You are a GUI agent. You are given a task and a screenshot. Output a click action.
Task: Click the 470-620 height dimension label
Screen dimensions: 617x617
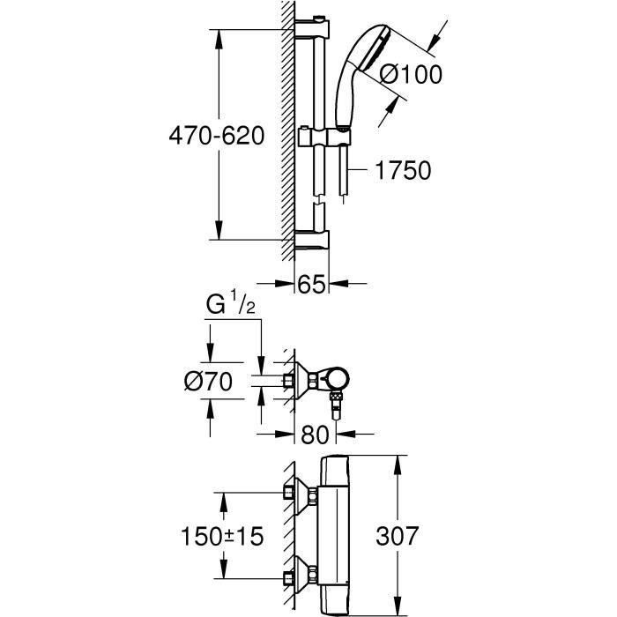coord(217,136)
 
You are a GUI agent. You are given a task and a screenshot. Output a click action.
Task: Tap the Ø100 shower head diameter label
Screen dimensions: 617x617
coord(411,74)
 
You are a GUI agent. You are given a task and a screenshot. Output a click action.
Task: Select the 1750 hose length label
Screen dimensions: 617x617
coord(403,170)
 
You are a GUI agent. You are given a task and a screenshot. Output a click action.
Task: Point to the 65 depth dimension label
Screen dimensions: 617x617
coord(312,284)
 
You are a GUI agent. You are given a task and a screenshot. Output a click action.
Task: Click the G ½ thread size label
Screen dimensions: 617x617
coord(231,302)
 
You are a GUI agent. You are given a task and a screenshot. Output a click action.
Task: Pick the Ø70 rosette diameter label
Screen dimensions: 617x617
coord(208,382)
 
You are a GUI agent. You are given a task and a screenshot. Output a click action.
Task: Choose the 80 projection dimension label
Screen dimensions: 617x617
coord(315,435)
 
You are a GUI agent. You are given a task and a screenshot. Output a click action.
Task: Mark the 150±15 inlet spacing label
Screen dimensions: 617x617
coord(222,536)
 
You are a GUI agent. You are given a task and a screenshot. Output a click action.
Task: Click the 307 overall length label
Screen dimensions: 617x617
coord(397,536)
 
